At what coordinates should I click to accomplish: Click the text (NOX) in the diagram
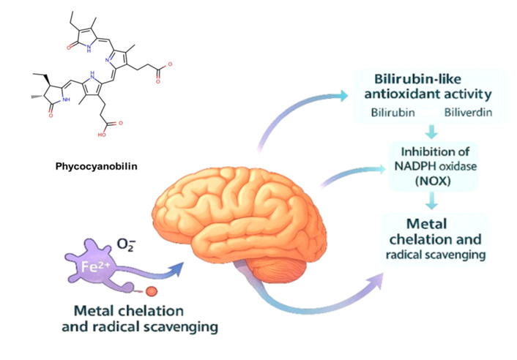tap(430, 179)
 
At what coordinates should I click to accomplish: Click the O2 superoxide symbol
tap(125, 241)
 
